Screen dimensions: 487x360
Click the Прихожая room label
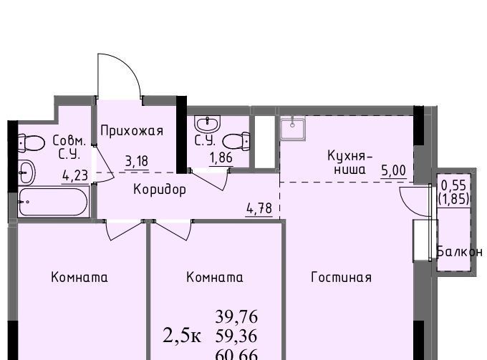pyautogui.click(x=132, y=131)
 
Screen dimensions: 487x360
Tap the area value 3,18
pyautogui.click(x=137, y=161)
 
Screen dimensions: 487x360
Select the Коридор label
pyautogui.click(x=160, y=189)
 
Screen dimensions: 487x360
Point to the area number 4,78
pyautogui.click(x=259, y=208)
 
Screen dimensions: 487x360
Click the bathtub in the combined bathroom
pyautogui.click(x=54, y=201)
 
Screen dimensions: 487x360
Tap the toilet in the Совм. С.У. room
pyautogui.click(x=31, y=143)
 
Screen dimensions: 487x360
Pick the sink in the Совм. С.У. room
pyautogui.click(x=27, y=172)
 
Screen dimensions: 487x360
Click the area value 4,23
pyautogui.click(x=75, y=175)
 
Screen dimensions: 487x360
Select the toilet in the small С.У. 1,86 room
pyautogui.click(x=236, y=142)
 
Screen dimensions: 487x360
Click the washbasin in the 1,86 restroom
pyautogui.click(x=207, y=124)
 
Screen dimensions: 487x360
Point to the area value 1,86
pyautogui.click(x=221, y=158)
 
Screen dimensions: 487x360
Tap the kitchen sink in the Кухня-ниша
pyautogui.click(x=293, y=128)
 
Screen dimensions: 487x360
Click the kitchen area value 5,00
pyautogui.click(x=393, y=170)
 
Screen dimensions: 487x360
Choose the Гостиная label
pyautogui.click(x=341, y=277)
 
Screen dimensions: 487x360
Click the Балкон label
pyautogui.click(x=460, y=252)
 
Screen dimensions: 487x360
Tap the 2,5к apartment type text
pyautogui.click(x=182, y=336)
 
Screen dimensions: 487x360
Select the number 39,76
pyautogui.click(x=236, y=317)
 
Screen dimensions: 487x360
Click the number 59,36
pyautogui.click(x=236, y=336)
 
